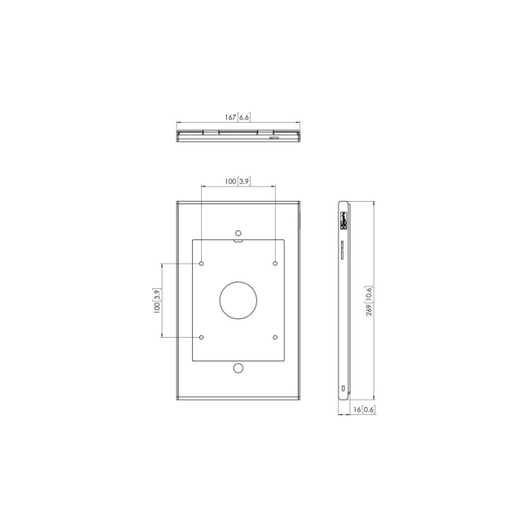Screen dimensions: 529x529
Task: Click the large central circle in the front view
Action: point(238,300)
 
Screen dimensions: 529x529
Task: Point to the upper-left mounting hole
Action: point(201,264)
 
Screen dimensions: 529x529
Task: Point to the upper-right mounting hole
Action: point(275,264)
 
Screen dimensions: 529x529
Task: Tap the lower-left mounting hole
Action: point(201,337)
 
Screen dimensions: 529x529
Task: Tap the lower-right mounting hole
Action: point(275,337)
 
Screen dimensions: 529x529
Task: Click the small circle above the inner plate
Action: point(238,230)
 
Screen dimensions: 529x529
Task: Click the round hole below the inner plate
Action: point(238,369)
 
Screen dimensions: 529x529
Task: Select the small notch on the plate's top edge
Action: point(238,240)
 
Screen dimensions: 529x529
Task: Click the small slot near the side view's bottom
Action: point(343,385)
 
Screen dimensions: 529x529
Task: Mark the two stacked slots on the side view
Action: point(342,250)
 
